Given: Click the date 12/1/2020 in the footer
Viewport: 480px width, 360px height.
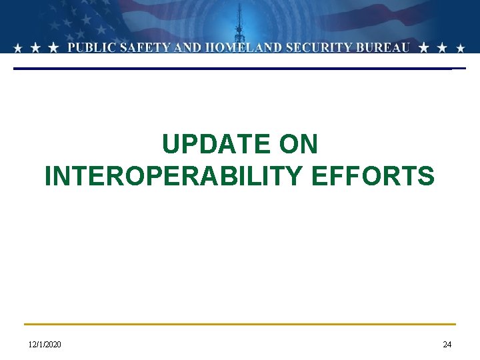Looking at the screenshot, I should (x=45, y=344).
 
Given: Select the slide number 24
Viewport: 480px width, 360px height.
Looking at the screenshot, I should (x=447, y=344).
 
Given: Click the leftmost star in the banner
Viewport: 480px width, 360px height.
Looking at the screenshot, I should (x=18, y=48).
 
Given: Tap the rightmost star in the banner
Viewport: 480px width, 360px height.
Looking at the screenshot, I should (x=461, y=48).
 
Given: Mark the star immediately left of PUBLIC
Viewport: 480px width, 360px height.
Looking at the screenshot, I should (x=54, y=48).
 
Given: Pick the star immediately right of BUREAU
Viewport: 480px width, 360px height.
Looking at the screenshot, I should (x=424, y=48).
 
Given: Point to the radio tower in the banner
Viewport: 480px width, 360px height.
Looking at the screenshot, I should (x=239, y=27).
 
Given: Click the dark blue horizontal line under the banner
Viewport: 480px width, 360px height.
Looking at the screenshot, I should (x=233, y=69).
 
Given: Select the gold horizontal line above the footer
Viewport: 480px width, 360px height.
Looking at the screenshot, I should (x=240, y=325).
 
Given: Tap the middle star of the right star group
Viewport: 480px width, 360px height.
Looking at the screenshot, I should (x=443, y=48).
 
